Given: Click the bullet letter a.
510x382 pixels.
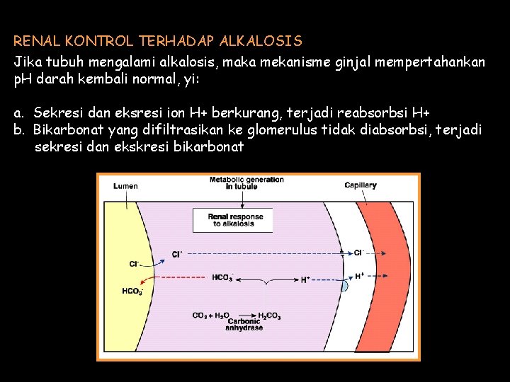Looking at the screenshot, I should click(x=18, y=114).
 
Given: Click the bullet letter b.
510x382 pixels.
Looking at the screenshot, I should click(x=18, y=131).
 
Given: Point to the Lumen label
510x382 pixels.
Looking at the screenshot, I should click(x=125, y=186).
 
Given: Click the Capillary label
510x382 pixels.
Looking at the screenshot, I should click(x=361, y=185).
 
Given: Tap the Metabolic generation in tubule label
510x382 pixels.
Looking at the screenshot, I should click(x=246, y=183).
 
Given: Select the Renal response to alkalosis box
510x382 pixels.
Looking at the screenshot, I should click(x=233, y=220).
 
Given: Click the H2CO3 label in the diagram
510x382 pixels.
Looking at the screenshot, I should click(x=269, y=316).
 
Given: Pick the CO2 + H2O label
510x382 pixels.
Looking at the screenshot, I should click(x=210, y=316).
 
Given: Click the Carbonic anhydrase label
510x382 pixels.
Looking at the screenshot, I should click(x=244, y=325).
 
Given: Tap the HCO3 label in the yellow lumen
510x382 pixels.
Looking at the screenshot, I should click(x=132, y=291).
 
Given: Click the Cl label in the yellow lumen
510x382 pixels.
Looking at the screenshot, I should click(x=135, y=264).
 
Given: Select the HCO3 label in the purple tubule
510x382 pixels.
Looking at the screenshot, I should click(x=222, y=278).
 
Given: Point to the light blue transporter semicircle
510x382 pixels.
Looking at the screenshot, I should click(x=345, y=286).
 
